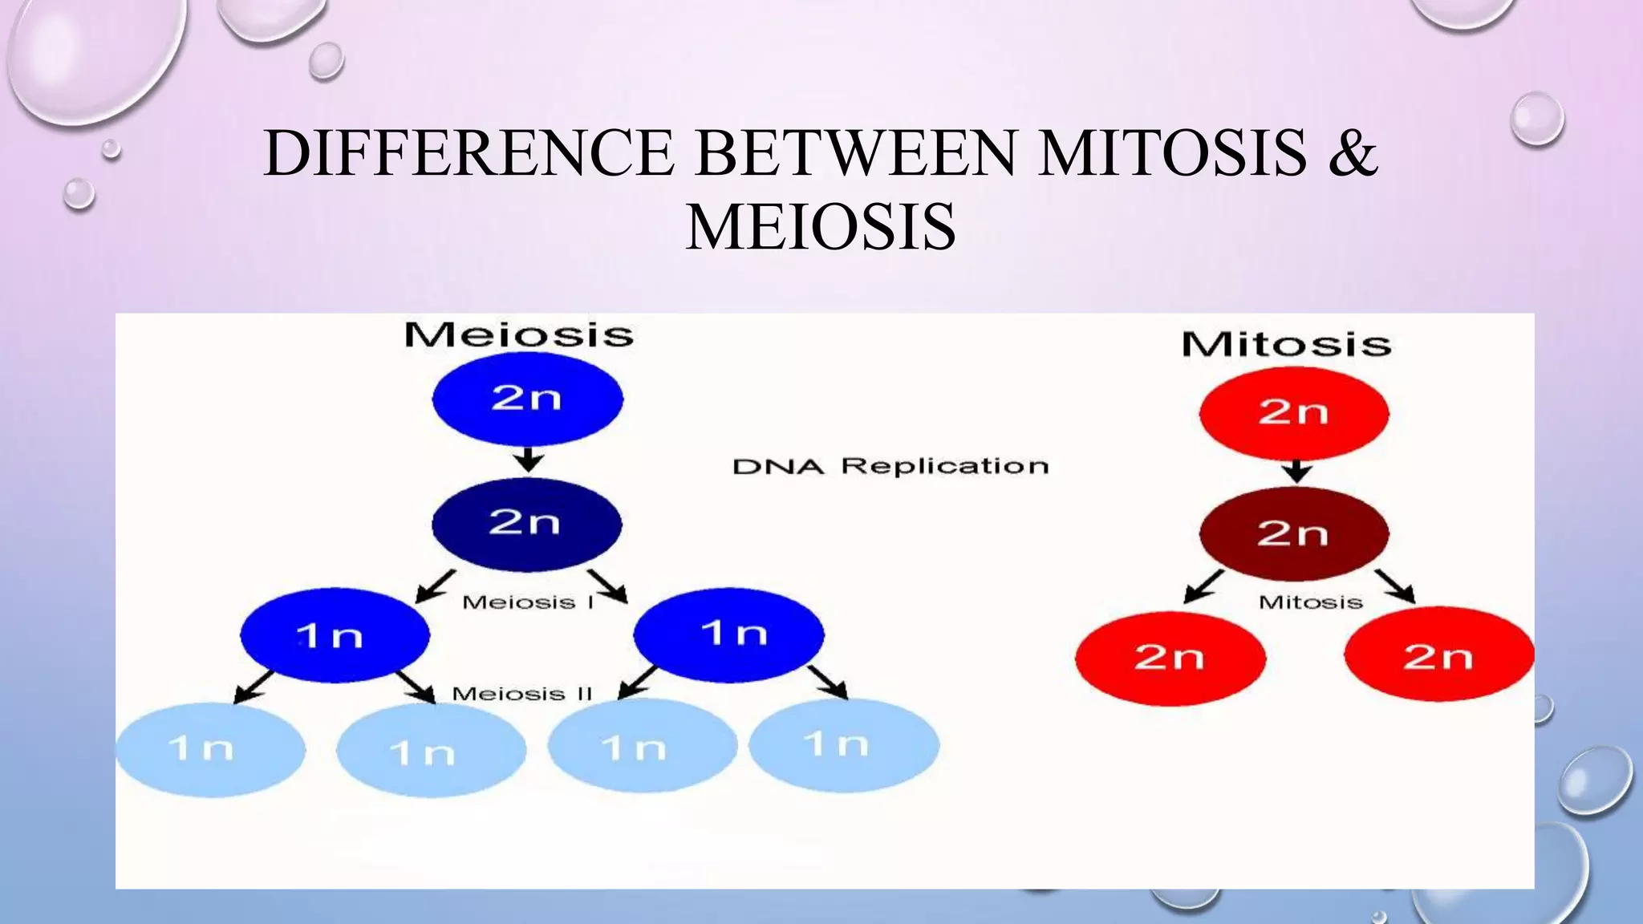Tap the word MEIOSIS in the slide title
pyautogui.click(x=821, y=227)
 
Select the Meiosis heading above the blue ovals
pyautogui.click(x=518, y=335)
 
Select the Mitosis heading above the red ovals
pyautogui.click(x=1286, y=345)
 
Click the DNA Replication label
pyautogui.click(x=890, y=467)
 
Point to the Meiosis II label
pyautogui.click(x=521, y=694)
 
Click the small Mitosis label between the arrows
pyautogui.click(x=1310, y=602)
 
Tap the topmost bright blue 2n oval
pyautogui.click(x=527, y=399)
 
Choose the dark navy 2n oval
pyautogui.click(x=526, y=524)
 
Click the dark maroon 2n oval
pyautogui.click(x=1293, y=533)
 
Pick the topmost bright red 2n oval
pyautogui.click(x=1293, y=413)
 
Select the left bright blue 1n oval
pyautogui.click(x=334, y=635)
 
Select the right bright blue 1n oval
pyautogui.click(x=728, y=634)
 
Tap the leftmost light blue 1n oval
pyautogui.click(x=210, y=749)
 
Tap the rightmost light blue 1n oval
pyautogui.click(x=844, y=745)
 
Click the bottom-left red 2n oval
pyautogui.click(x=1170, y=658)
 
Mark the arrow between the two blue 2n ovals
pyautogui.click(x=528, y=460)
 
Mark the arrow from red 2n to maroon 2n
pyautogui.click(x=1296, y=471)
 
